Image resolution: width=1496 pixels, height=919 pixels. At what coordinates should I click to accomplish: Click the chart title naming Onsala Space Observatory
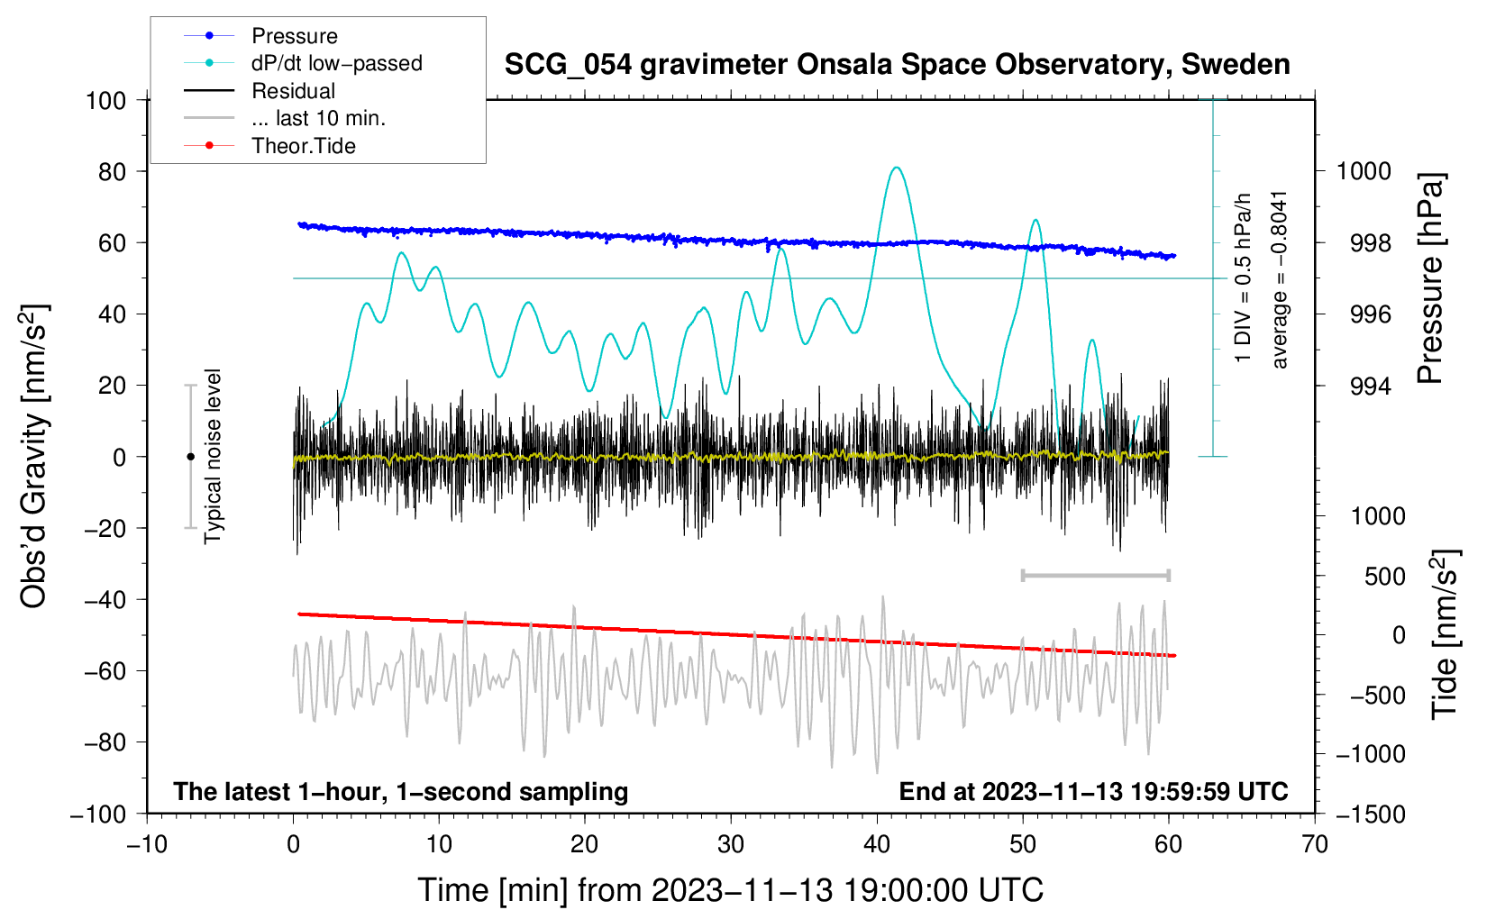(x=897, y=65)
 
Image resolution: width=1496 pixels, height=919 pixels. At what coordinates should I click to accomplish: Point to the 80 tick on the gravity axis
(x=112, y=172)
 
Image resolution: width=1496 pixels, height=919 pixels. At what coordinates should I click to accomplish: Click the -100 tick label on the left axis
(x=99, y=814)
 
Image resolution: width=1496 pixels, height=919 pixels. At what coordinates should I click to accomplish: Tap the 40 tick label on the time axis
(x=876, y=845)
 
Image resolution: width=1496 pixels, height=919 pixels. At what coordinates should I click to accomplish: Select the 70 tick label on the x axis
(x=1314, y=845)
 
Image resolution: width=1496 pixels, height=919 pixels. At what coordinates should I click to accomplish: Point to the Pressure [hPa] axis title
(x=1430, y=278)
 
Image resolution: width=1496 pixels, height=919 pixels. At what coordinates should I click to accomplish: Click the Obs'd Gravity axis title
(x=33, y=456)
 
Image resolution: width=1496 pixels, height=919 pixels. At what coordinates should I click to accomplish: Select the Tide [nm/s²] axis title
(x=1446, y=634)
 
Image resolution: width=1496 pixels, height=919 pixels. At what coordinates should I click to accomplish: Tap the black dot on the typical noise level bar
(x=190, y=457)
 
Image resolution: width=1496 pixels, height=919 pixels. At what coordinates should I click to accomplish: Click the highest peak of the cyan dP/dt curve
(x=897, y=167)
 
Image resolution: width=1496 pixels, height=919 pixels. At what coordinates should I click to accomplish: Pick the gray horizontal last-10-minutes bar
(x=1095, y=575)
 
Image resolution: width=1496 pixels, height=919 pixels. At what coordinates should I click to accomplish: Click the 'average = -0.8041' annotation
(x=1279, y=279)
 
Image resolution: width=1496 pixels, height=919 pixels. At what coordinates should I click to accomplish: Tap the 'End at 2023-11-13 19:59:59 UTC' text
(x=1093, y=791)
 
